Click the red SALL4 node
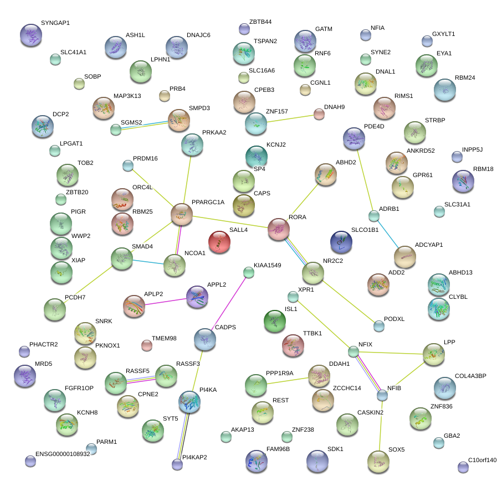click(219, 242)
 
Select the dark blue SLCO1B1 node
click(341, 241)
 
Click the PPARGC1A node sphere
click(182, 214)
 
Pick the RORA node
click(279, 229)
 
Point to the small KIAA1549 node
click(249, 272)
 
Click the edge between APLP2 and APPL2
click(166, 302)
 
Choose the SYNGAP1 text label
click(55, 23)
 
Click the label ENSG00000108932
click(63, 454)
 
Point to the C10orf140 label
click(483, 460)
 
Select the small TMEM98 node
click(146, 346)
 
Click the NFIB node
click(382, 395)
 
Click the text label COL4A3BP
click(470, 376)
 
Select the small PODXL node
click(378, 325)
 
